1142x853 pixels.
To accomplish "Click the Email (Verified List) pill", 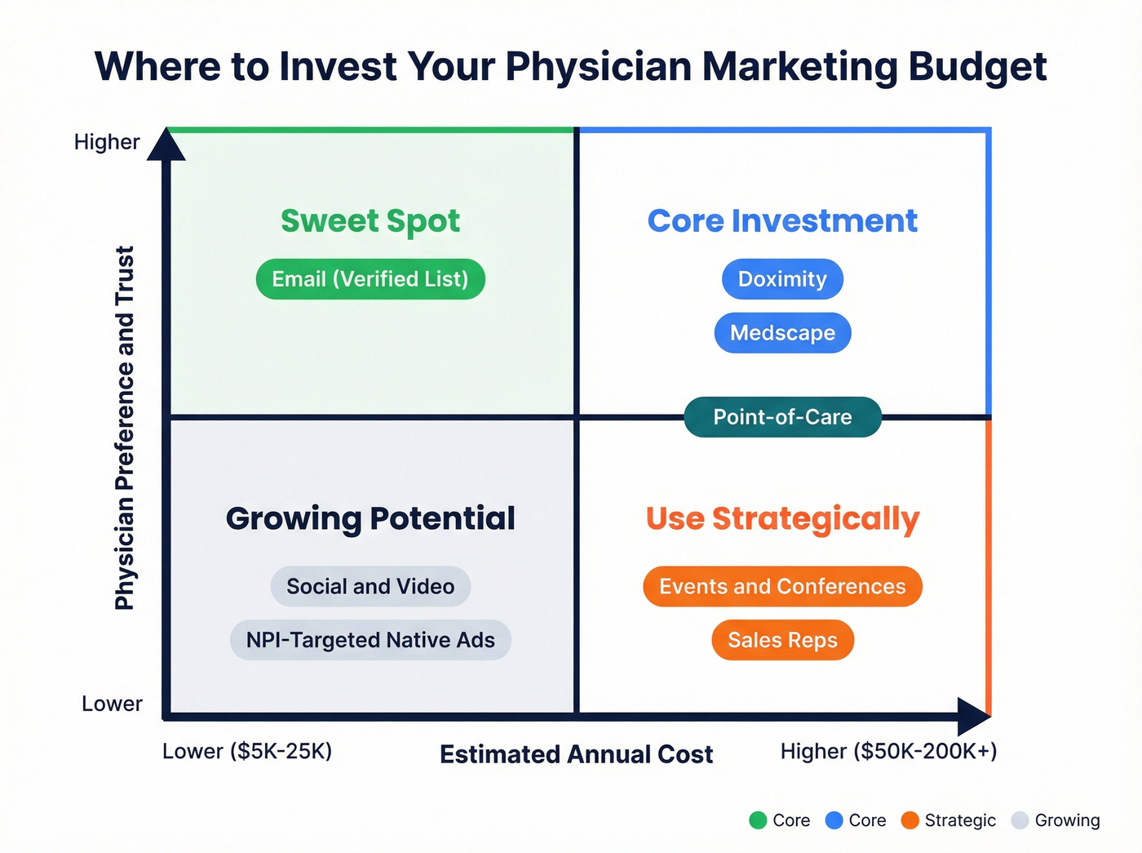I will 370,279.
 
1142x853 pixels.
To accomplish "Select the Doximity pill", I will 782,279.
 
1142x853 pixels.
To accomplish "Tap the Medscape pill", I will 782,333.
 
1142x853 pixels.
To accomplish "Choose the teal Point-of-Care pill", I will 782,417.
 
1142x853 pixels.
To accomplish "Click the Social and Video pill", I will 370,586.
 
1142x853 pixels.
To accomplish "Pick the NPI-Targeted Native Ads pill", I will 370,640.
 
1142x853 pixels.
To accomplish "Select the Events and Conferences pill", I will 782,586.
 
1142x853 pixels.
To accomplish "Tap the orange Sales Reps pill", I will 782,640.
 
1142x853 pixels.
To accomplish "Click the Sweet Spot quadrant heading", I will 370,221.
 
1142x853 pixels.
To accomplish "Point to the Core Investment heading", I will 782,221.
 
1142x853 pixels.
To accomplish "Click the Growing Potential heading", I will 370,518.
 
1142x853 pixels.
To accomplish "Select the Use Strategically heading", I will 782,518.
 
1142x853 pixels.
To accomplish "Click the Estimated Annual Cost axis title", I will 576,754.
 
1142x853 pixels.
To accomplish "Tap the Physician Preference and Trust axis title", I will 124,428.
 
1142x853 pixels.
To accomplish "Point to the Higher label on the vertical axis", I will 107,142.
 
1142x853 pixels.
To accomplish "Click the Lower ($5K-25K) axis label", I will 247,751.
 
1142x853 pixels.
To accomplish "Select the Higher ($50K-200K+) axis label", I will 888,751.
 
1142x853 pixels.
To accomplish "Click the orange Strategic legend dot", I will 910,820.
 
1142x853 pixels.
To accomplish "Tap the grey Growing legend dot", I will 1020,820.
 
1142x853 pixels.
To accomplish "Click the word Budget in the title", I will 977,67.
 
